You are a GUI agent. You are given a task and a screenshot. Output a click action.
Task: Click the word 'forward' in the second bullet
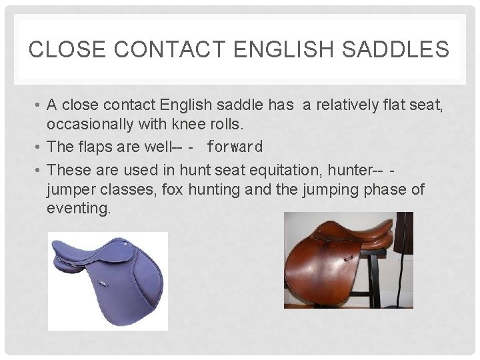click(235, 146)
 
